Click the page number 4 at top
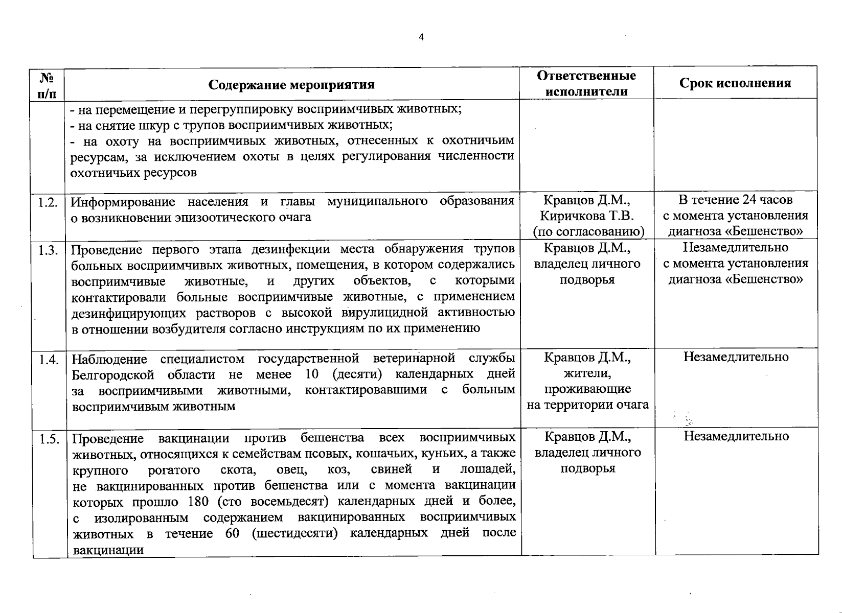[421, 37]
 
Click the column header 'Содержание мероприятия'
[291, 84]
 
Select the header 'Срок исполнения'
[735, 83]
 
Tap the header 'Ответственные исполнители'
[586, 83]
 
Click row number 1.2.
[48, 202]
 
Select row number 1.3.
[48, 250]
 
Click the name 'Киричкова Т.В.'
[587, 216]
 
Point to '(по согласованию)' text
[588, 231]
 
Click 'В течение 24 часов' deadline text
[736, 199]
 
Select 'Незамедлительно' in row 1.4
[736, 357]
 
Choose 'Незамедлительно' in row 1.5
[736, 436]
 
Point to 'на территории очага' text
[588, 405]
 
